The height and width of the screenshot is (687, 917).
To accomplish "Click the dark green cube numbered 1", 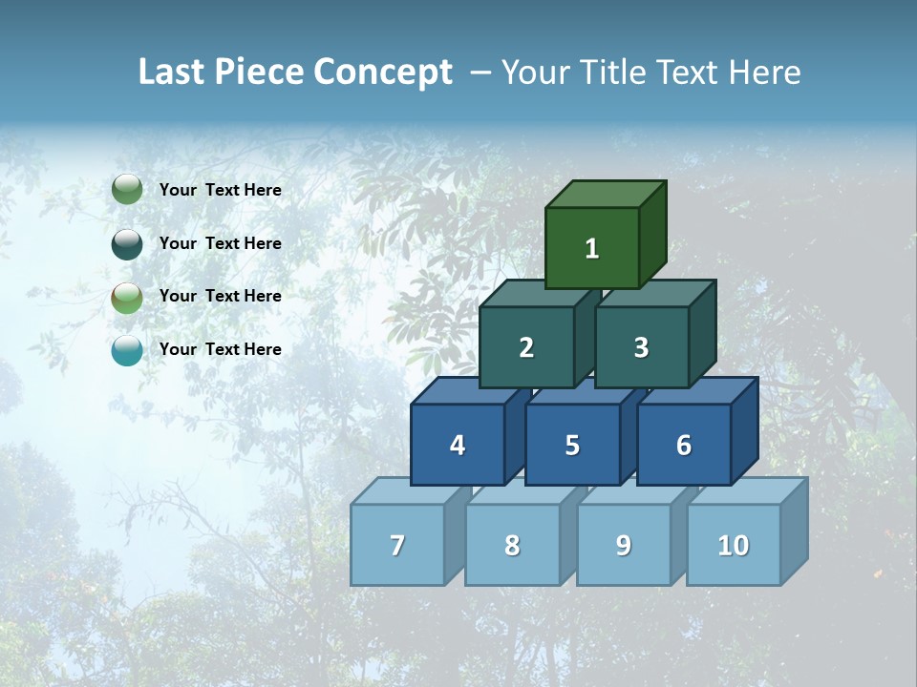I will pyautogui.click(x=592, y=248).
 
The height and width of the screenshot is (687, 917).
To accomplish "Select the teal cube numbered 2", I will pyautogui.click(x=526, y=347).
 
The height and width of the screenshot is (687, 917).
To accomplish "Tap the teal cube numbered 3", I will pyautogui.click(x=641, y=347).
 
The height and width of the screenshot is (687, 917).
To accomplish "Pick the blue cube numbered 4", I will pyautogui.click(x=458, y=445).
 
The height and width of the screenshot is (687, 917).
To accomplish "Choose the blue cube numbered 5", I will pyautogui.click(x=572, y=445).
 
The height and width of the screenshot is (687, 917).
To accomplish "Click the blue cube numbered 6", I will pyautogui.click(x=684, y=445).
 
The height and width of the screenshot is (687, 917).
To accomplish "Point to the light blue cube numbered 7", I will pyautogui.click(x=397, y=545).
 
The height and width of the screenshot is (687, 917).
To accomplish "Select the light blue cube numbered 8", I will pyautogui.click(x=512, y=545).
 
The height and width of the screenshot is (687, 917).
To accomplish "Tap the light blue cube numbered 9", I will pyautogui.click(x=623, y=545).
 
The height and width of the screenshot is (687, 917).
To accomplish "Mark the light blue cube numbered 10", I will pyautogui.click(x=733, y=545).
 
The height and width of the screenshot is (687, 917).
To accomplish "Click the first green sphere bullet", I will pyautogui.click(x=127, y=190).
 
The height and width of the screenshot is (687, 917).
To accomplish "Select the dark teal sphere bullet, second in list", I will pyautogui.click(x=127, y=243).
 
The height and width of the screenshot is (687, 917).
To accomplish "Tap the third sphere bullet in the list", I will pyautogui.click(x=127, y=297).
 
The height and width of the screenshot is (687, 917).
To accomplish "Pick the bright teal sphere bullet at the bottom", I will pyautogui.click(x=127, y=350).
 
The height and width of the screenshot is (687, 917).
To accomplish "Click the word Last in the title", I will pyautogui.click(x=173, y=72).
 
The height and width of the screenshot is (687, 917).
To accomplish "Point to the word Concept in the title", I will pyautogui.click(x=383, y=72).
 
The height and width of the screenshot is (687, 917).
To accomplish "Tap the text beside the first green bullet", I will pyautogui.click(x=220, y=190).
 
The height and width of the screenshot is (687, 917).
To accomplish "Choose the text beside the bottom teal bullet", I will pyautogui.click(x=220, y=349).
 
